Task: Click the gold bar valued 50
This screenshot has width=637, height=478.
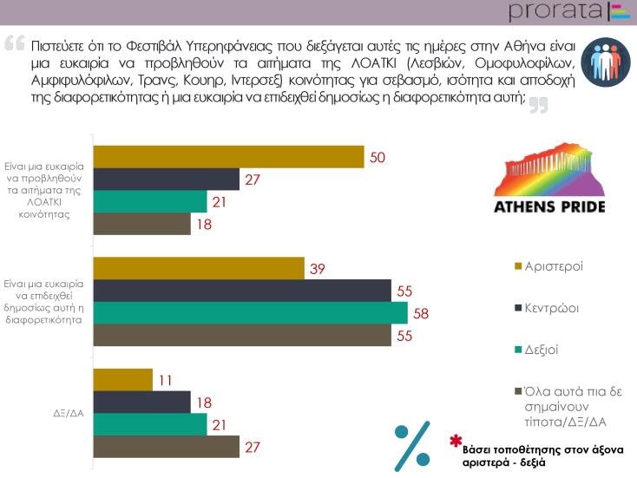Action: coord(227,156)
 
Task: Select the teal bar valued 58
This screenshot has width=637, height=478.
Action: coord(250,312)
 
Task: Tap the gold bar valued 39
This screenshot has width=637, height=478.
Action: coord(198,268)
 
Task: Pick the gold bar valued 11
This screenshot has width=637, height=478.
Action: coord(121,379)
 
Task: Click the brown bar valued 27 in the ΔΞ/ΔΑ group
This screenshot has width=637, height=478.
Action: coord(165,447)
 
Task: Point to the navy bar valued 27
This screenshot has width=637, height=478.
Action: coord(165,179)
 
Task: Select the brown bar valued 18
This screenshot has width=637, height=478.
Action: coord(141,224)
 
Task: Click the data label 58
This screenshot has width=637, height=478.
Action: coord(421,312)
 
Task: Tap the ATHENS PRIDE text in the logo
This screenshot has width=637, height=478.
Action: coord(549,206)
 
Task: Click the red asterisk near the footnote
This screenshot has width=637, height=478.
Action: coord(455,442)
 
